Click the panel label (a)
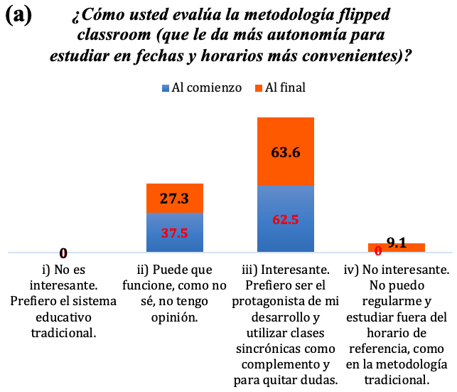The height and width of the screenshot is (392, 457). (18, 16)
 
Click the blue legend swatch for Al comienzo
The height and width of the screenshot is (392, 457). (166, 88)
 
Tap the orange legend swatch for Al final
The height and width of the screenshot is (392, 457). (259, 88)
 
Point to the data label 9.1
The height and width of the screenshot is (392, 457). (397, 242)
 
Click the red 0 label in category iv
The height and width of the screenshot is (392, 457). (378, 250)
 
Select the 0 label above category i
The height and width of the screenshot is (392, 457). (63, 253)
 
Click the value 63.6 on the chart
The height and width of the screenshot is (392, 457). (286, 152)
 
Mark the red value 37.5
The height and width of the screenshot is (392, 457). (174, 233)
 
